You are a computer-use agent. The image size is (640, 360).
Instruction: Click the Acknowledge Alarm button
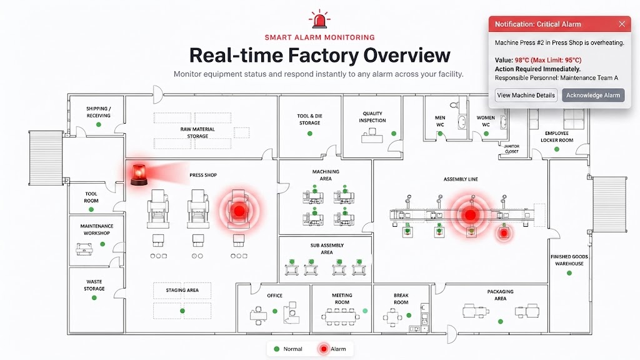pos(593,95)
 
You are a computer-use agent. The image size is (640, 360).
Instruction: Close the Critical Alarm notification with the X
pos(622,24)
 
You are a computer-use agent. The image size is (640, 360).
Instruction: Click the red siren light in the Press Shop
pos(139,175)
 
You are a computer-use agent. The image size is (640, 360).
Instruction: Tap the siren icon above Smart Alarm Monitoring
pos(319,19)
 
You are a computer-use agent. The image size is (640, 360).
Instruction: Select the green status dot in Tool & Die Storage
pos(310,134)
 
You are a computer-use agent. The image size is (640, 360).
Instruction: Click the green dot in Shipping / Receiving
pos(98,124)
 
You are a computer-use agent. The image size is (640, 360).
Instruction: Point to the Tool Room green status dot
pos(91,209)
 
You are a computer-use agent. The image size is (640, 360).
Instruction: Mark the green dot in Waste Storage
pos(94,297)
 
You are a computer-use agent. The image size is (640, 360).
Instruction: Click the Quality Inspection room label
pos(372,117)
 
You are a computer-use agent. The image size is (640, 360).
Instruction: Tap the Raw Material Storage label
pos(197,132)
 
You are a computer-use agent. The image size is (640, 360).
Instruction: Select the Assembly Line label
pos(461,179)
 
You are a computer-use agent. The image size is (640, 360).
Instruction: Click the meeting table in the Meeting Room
pos(341,316)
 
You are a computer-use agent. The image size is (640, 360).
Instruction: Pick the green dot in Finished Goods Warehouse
pos(569,273)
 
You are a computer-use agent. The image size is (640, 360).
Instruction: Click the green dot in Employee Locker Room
pos(557,149)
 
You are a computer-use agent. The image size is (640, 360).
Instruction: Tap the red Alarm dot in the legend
pos(324,349)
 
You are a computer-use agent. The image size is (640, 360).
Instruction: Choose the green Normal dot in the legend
pos(277,349)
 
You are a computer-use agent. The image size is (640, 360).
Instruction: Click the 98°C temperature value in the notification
pos(522,60)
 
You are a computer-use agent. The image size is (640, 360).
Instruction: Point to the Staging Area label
pos(182,290)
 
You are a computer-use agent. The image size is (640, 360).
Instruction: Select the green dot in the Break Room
pos(409,316)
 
